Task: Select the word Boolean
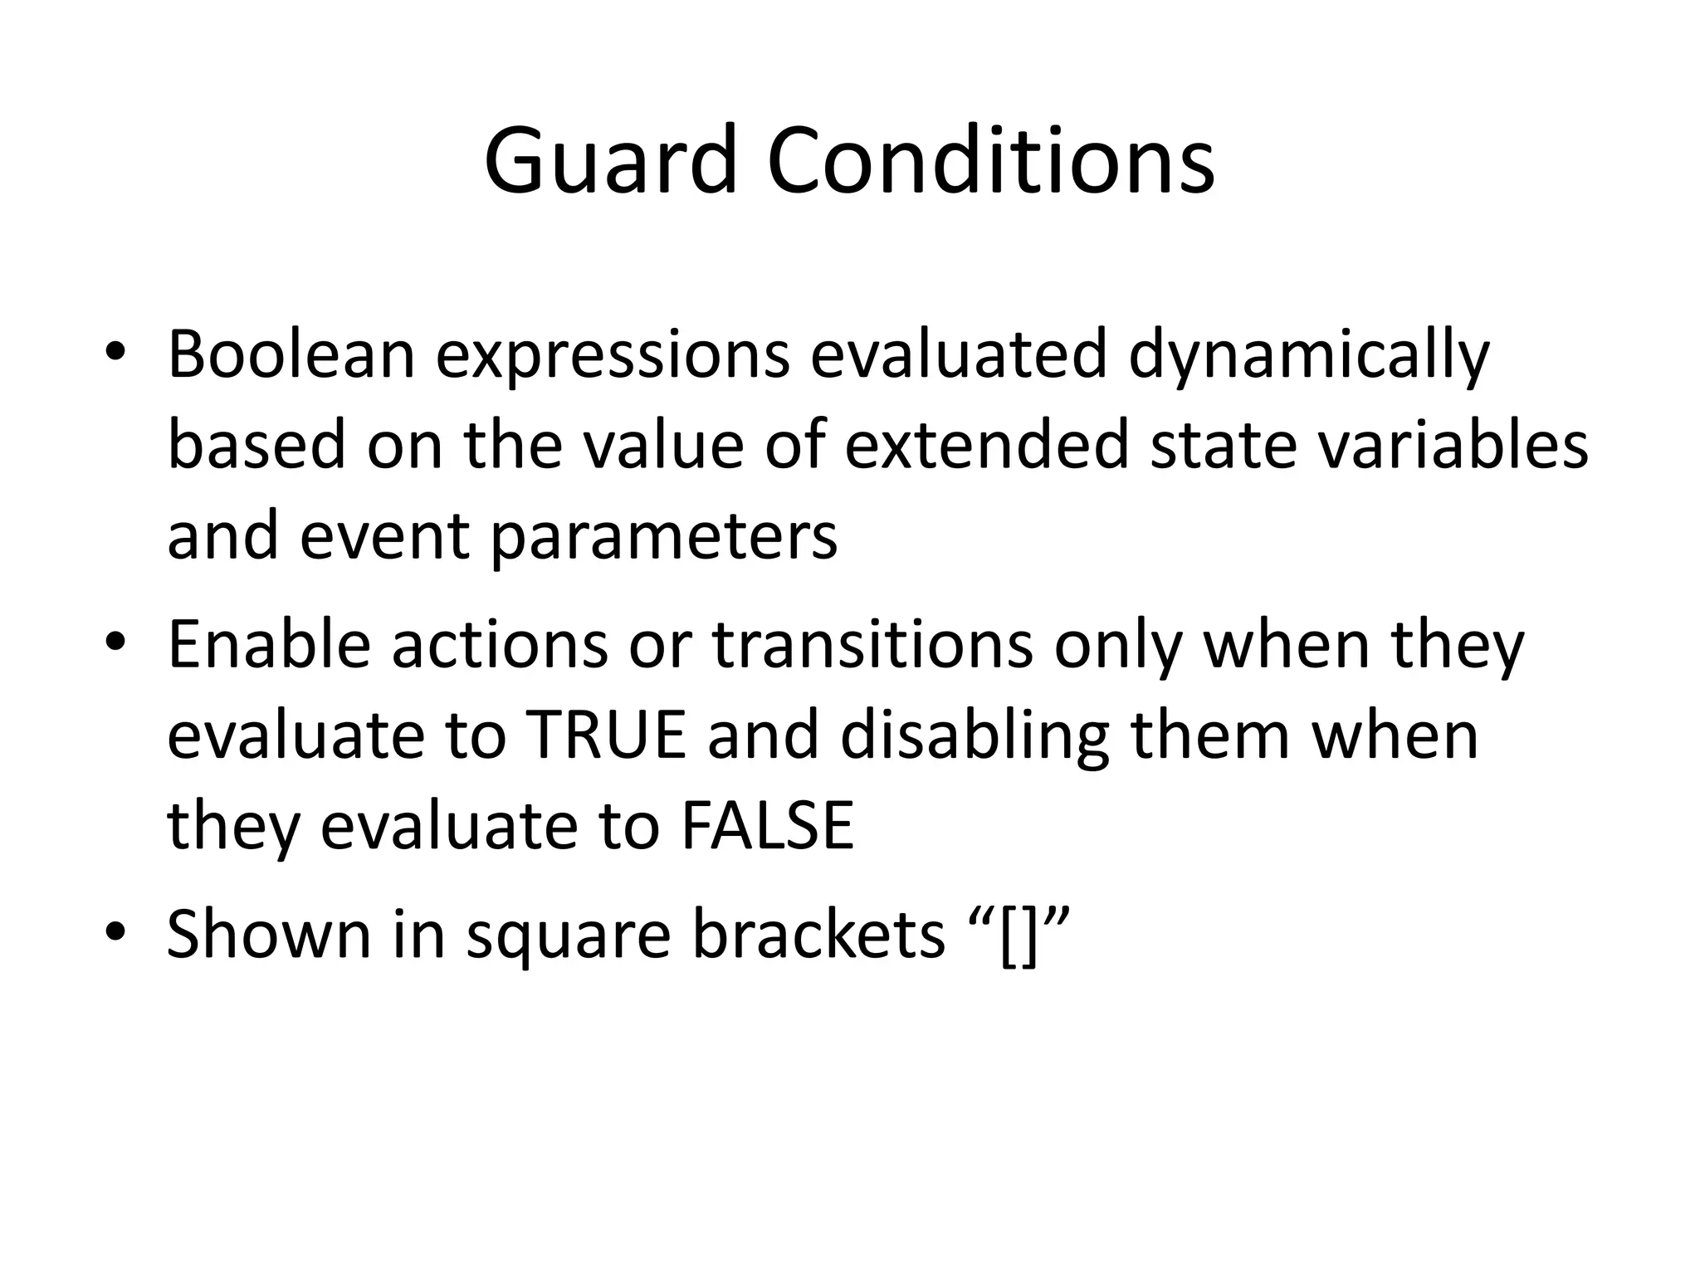click(291, 354)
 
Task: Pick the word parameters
click(664, 538)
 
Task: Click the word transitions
click(872, 645)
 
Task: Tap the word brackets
click(818, 934)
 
